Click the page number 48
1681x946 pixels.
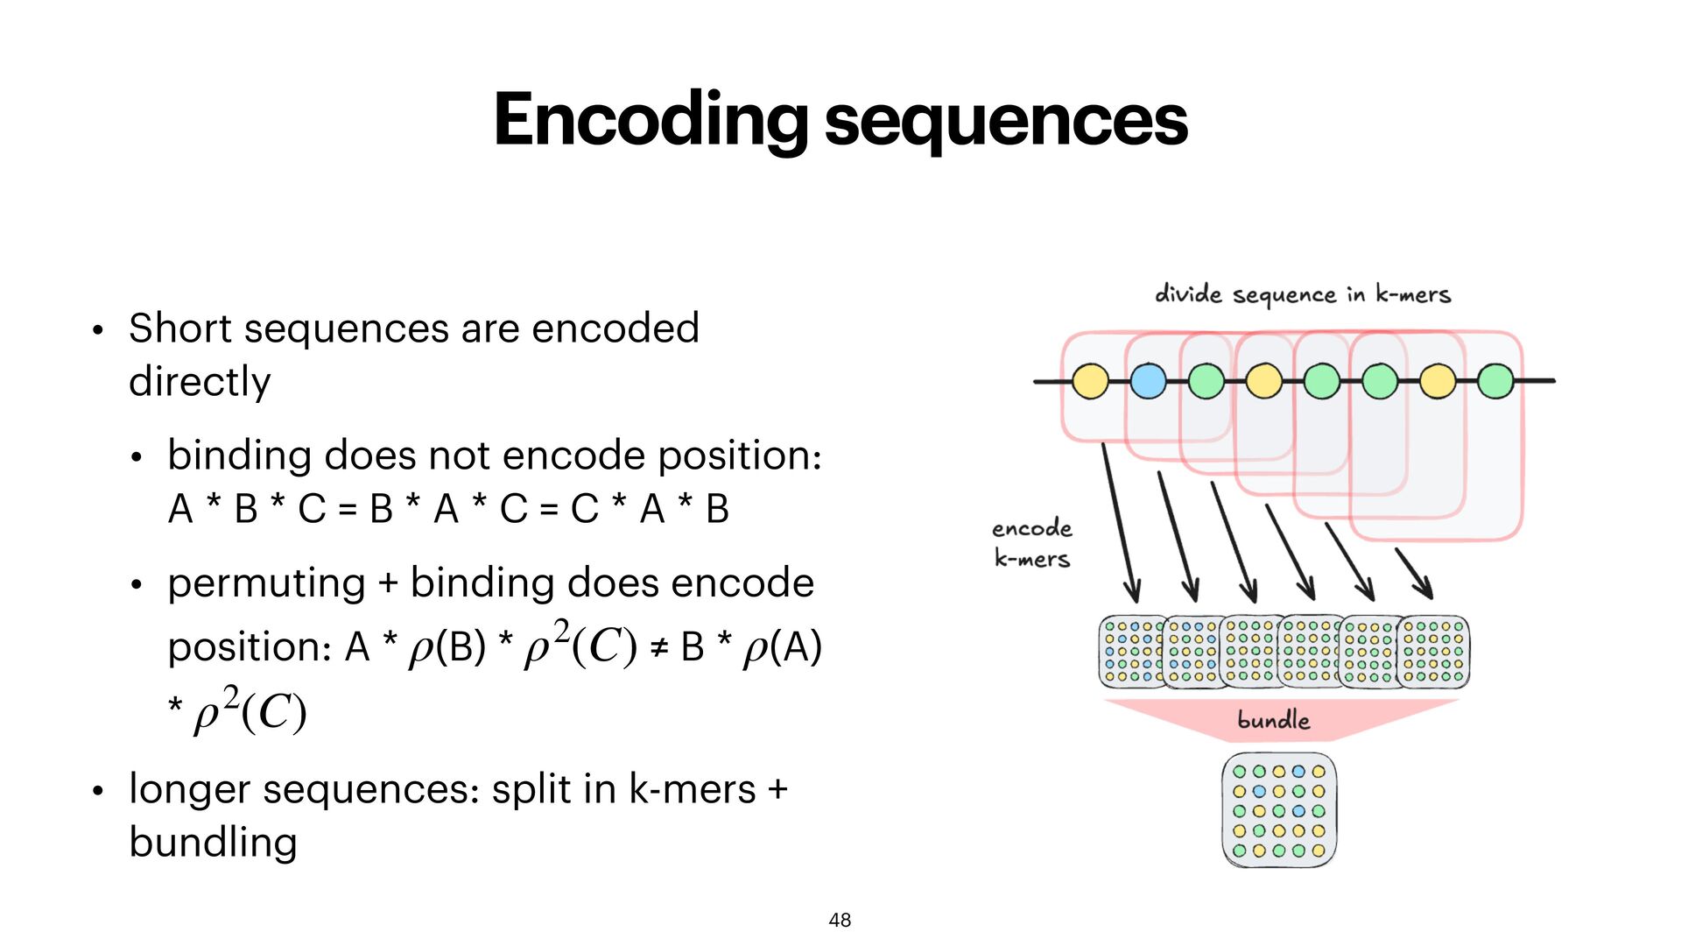tap(840, 920)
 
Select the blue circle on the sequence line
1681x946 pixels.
tap(1148, 381)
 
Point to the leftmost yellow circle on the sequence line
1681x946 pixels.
tap(1090, 381)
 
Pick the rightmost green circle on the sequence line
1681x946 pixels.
tap(1495, 381)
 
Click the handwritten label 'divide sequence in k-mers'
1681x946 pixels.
tap(1303, 294)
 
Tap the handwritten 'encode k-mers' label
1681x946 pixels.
tap(1032, 543)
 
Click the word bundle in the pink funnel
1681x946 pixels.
tap(1273, 721)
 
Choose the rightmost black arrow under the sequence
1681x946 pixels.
tap(1413, 573)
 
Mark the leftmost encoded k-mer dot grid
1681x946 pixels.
tap(1131, 652)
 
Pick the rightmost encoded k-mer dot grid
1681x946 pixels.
tap(1433, 652)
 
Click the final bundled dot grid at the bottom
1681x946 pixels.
tap(1279, 810)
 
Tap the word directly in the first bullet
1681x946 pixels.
tap(200, 382)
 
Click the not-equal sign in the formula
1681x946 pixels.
tap(658, 648)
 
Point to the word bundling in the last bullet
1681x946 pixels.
tap(213, 843)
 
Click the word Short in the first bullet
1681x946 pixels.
tap(180, 328)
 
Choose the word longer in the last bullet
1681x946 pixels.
tap(190, 790)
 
